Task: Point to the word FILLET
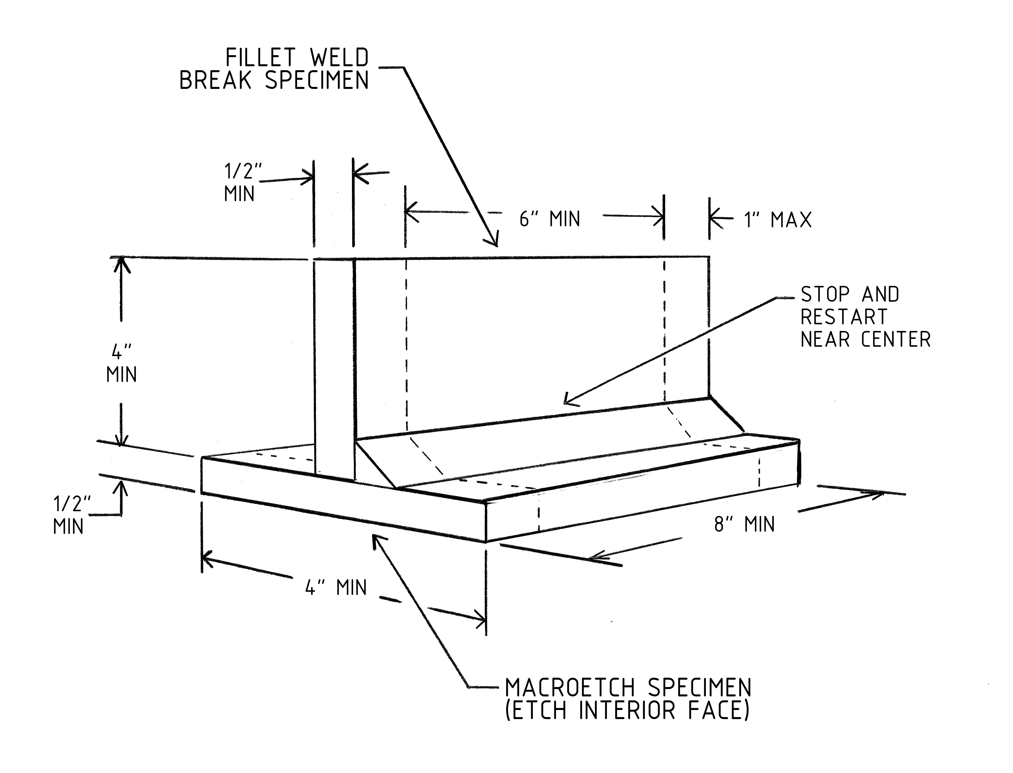click(260, 58)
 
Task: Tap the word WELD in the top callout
click(339, 58)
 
